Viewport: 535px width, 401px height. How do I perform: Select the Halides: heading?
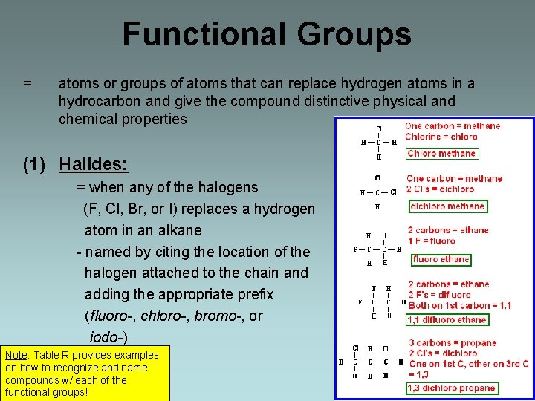pyautogui.click(x=94, y=164)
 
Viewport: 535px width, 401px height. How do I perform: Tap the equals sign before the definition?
pyautogui.click(x=27, y=83)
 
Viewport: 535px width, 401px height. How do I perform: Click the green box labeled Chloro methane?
pyautogui.click(x=442, y=154)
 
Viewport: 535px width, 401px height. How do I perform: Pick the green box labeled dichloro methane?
pyautogui.click(x=447, y=206)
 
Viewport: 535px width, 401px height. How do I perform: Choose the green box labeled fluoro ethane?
pyautogui.click(x=441, y=259)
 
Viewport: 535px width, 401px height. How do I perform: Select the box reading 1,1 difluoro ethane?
pyautogui.click(x=447, y=320)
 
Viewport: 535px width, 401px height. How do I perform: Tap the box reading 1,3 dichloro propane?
pyautogui.click(x=452, y=388)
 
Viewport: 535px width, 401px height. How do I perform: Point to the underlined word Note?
pyautogui.click(x=17, y=355)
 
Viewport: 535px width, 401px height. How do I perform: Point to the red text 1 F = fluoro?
pyautogui.click(x=432, y=241)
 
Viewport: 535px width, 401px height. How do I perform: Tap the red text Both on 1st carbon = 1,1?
pyautogui.click(x=459, y=305)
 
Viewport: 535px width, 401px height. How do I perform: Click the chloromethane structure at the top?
pyautogui.click(x=378, y=142)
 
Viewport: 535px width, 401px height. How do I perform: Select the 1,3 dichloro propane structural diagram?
pyautogui.click(x=370, y=362)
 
